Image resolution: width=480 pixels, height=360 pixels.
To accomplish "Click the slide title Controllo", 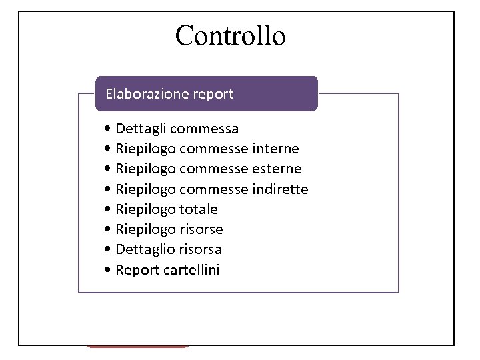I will click(230, 35).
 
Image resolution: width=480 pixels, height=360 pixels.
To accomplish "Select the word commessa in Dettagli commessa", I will click(207, 128).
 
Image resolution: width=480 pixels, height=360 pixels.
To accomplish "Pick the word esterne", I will click(276, 169).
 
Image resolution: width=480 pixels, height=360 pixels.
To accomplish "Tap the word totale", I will click(198, 209).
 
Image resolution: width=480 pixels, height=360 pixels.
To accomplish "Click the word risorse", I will click(201, 229).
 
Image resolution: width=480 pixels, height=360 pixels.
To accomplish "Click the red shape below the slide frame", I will click(137, 346).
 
